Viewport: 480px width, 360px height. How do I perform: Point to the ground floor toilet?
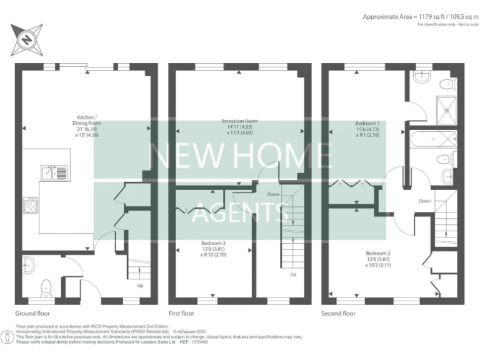pos(46,286)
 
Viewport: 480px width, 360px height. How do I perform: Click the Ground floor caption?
pos(32,313)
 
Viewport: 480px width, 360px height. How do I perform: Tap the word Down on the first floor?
pos(273,194)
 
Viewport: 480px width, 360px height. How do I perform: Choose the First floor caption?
pos(181,313)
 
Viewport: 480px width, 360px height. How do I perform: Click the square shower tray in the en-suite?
pos(446,110)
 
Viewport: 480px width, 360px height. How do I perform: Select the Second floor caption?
pos(338,313)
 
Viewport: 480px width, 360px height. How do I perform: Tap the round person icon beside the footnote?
pos(7,338)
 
